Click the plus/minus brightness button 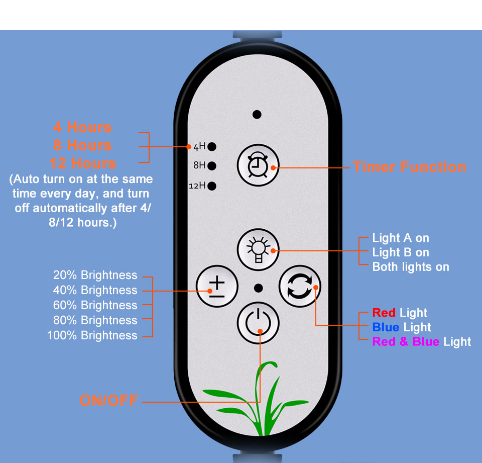pos(217,288)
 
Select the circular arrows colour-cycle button pos(299,288)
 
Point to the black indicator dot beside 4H pos(212,147)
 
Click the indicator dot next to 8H pos(212,165)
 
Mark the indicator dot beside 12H pos(212,186)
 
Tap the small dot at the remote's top pos(257,115)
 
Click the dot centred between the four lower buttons pos(259,288)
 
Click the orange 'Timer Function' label pos(409,167)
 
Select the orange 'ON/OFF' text pos(108,401)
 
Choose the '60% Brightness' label pos(95,305)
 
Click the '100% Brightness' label pos(92,335)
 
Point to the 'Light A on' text pos(401,238)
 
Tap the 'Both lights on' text pos(411,267)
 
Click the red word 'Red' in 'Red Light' pos(384,313)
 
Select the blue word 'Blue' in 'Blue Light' pos(386,327)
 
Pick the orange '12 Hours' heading pos(83,163)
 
